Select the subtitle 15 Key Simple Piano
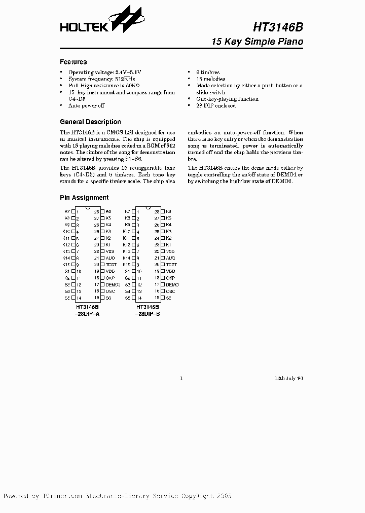pyautogui.click(x=258, y=42)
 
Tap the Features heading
pyautogui.click(x=73, y=62)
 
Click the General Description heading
pyautogui.click(x=90, y=122)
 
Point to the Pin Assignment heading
pyautogui.click(x=84, y=198)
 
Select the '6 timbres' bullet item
pyautogui.click(x=208, y=72)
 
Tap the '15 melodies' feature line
pyautogui.click(x=210, y=79)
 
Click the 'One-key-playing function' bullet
pyautogui.click(x=227, y=99)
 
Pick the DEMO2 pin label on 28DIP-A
pyautogui.click(x=113, y=285)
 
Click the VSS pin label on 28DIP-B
pyautogui.click(x=170, y=251)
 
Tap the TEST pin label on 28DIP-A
pyautogui.click(x=111, y=265)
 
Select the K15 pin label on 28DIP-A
pyautogui.click(x=66, y=265)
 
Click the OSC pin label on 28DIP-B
pyautogui.click(x=171, y=291)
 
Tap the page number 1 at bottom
pyautogui.click(x=181, y=378)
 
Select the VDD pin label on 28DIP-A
pyautogui.click(x=110, y=271)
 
